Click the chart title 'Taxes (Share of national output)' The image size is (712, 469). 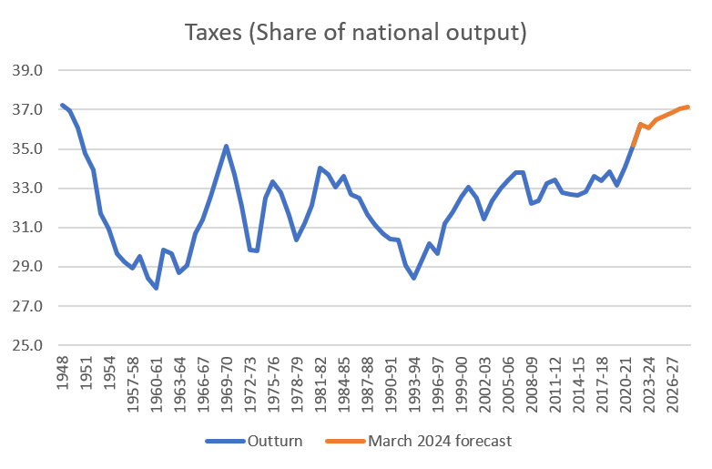point(356,34)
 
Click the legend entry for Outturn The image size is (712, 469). point(269,442)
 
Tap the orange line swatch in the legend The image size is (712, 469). point(347,442)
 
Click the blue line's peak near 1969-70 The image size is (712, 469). point(226,146)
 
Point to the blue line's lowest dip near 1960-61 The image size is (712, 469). point(157,288)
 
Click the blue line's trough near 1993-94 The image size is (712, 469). point(413,278)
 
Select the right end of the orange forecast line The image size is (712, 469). point(689,107)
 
